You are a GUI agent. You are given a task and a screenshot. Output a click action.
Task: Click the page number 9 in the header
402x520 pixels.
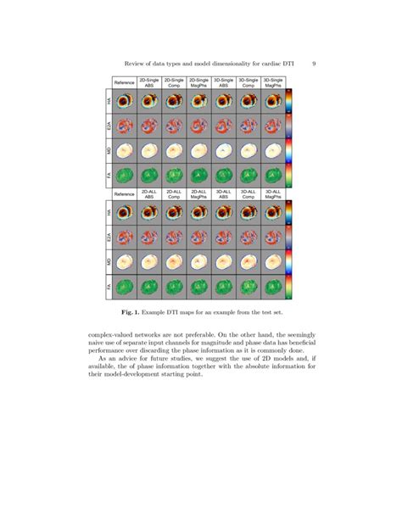pos(314,62)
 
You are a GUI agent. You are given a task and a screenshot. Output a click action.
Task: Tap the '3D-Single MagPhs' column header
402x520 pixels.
pos(273,83)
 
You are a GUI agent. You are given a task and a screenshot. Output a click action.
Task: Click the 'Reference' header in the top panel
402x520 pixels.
pos(125,83)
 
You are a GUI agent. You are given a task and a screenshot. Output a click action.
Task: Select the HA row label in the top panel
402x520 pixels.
pos(109,102)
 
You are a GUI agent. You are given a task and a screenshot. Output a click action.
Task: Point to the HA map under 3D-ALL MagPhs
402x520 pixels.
pos(273,211)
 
